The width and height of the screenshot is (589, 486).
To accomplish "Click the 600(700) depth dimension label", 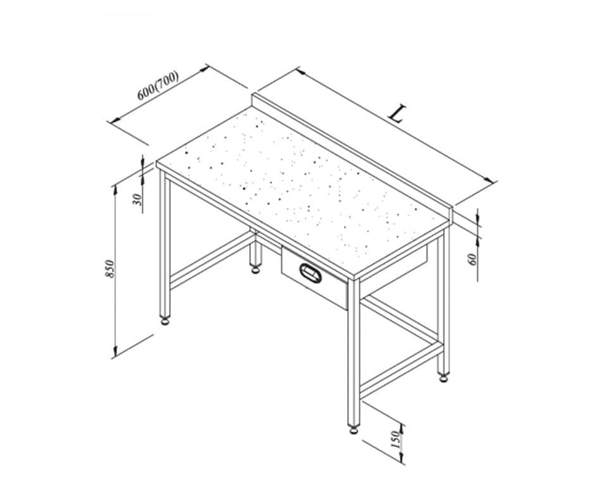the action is point(158,85).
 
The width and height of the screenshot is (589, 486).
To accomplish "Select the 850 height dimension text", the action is point(109,269).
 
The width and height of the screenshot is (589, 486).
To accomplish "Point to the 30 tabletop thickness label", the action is point(137,199).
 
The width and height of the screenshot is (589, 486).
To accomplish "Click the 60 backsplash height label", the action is point(473,259).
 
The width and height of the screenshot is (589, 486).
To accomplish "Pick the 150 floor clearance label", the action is point(395,439).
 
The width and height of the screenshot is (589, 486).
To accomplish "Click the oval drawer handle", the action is point(311,273).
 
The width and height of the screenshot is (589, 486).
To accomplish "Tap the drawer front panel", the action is point(314,277).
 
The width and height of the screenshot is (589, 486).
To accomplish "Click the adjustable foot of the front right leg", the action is point(354,429).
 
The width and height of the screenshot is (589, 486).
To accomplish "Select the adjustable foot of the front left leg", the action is point(164,321).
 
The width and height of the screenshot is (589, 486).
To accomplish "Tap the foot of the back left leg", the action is point(256,269).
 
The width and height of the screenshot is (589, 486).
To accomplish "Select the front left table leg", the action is point(164,244).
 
